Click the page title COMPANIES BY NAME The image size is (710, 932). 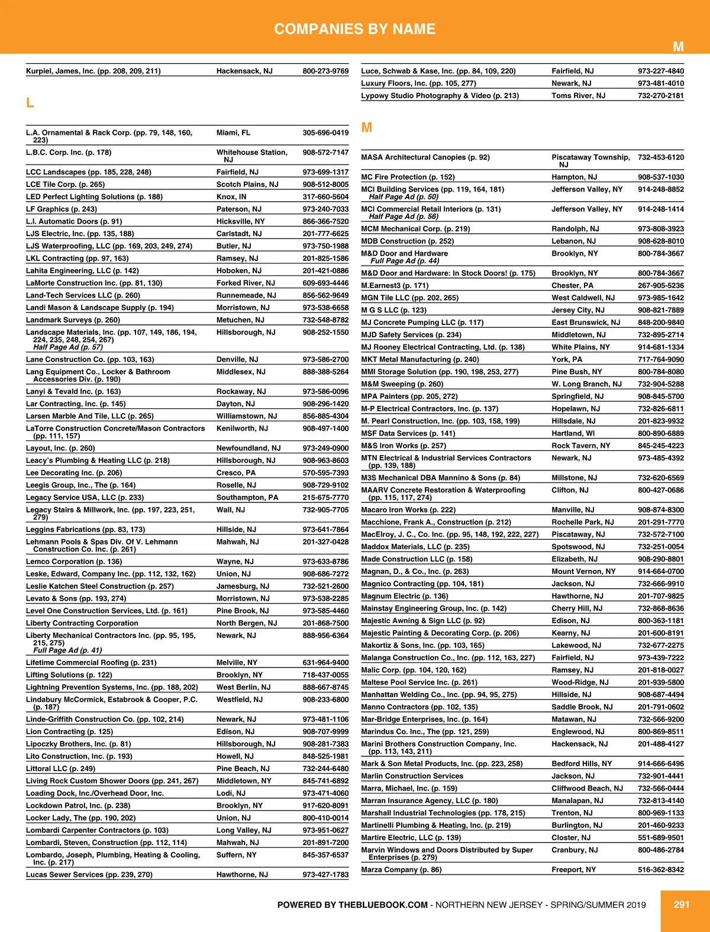tap(355, 29)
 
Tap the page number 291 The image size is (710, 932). tap(682, 904)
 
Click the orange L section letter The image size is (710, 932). tap(30, 103)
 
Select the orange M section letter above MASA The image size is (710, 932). tap(367, 128)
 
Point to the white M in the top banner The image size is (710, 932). tap(678, 47)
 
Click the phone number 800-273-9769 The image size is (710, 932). tap(325, 71)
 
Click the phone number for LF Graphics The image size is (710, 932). tap(325, 209)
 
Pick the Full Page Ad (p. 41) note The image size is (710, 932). tap(67, 650)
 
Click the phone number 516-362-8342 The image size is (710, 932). tap(660, 869)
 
